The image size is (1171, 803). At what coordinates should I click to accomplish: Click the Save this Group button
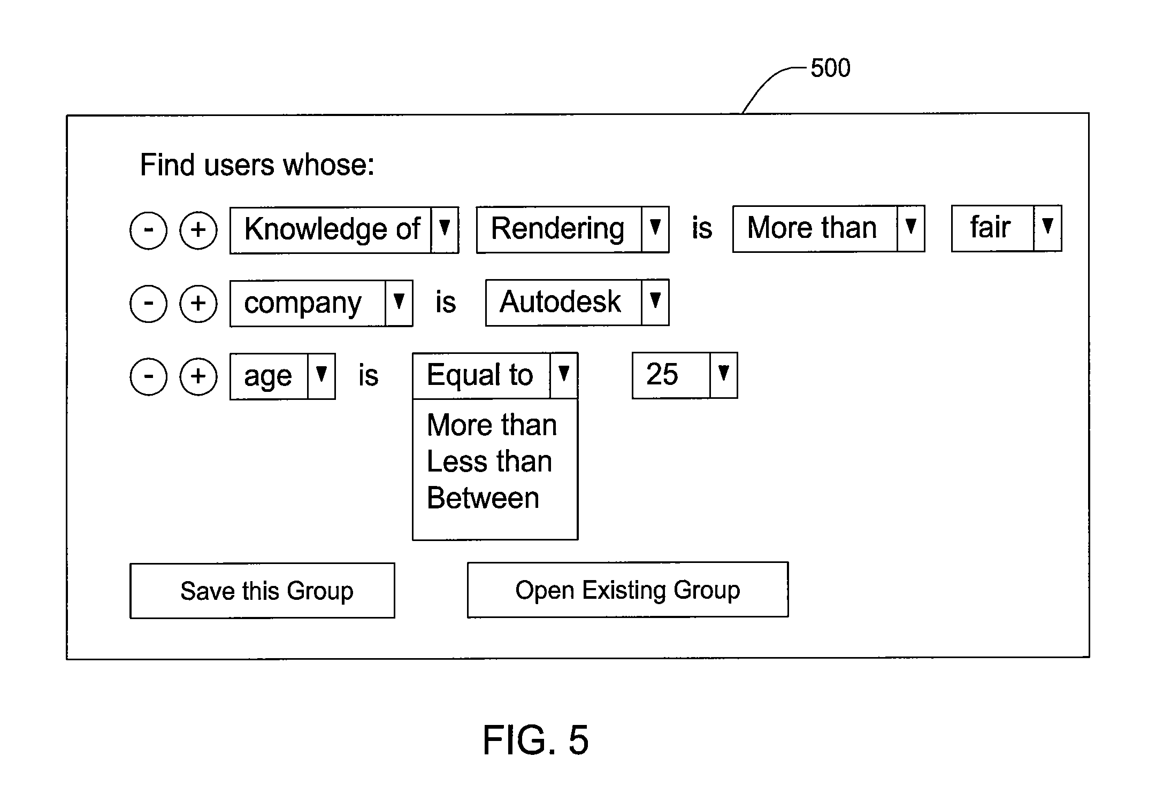pyautogui.click(x=262, y=590)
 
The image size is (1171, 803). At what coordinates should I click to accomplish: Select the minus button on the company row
pyautogui.click(x=148, y=303)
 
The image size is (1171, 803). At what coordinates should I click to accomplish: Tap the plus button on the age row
pyautogui.click(x=198, y=376)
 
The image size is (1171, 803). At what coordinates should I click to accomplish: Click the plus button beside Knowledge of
pyautogui.click(x=198, y=230)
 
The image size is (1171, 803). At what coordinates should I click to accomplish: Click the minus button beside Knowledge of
pyautogui.click(x=148, y=230)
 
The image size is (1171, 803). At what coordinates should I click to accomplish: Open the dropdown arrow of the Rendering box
pyautogui.click(x=655, y=229)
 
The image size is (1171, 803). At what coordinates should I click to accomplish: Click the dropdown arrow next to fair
pyautogui.click(x=1047, y=228)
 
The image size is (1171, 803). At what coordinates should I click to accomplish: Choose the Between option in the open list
pyautogui.click(x=483, y=498)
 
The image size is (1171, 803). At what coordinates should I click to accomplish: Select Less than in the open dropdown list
pyautogui.click(x=489, y=461)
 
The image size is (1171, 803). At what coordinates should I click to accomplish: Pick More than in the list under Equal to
pyautogui.click(x=492, y=425)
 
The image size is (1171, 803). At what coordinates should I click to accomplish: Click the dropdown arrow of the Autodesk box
pyautogui.click(x=655, y=302)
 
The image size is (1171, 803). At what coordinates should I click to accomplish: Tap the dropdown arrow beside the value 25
pyautogui.click(x=724, y=375)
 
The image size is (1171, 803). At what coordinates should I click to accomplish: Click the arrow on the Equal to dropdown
pyautogui.click(x=563, y=375)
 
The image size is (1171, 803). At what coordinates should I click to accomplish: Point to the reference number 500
pyautogui.click(x=830, y=68)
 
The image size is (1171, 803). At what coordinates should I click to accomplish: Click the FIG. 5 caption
pyautogui.click(x=535, y=740)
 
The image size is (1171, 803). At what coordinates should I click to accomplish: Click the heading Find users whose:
pyautogui.click(x=257, y=165)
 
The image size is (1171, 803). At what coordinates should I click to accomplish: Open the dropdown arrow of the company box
pyautogui.click(x=399, y=303)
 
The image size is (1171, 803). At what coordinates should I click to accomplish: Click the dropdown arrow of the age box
pyautogui.click(x=322, y=376)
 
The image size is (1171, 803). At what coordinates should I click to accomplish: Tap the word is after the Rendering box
pyautogui.click(x=702, y=228)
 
